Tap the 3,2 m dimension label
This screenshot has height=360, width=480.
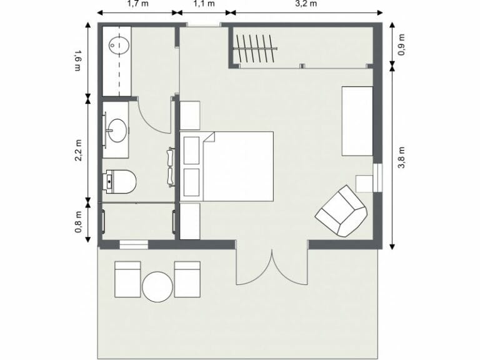pos(305,4)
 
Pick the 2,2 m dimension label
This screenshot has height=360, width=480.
pos(78,150)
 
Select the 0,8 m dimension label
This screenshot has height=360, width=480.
pos(78,221)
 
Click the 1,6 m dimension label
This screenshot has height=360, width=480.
pos(78,60)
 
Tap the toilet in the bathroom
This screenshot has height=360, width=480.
pos(121,182)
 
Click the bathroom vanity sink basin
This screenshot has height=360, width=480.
pos(117,131)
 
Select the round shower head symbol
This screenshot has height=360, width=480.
pos(118,44)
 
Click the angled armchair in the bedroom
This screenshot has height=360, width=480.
pos(341,211)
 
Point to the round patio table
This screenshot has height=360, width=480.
pos(157,287)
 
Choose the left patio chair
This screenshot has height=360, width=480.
pos(128,279)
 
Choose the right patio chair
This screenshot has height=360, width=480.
pos(187,279)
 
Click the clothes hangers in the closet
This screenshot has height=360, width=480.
pos(255,49)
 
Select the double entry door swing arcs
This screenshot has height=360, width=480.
pos(272,266)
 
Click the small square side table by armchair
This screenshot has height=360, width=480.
pos(364,183)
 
